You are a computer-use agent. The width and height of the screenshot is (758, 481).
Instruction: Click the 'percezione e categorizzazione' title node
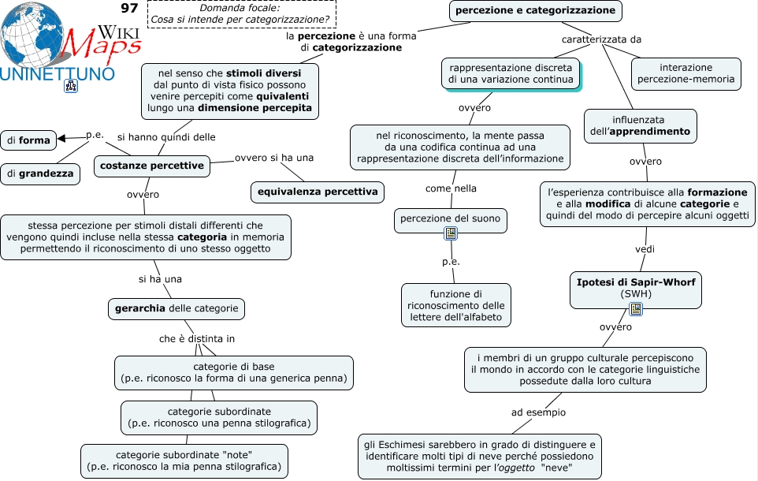point(535,11)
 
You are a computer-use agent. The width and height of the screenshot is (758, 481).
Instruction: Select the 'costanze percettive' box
point(152,166)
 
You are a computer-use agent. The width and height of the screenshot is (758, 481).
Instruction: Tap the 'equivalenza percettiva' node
point(318,192)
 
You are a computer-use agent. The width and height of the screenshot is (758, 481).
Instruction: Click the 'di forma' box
point(28,140)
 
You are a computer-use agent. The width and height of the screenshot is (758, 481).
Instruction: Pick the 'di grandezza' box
point(40,173)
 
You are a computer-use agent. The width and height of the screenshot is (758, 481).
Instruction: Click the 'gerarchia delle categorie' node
point(176,309)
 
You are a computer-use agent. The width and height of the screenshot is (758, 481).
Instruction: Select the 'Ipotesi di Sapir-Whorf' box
point(636,288)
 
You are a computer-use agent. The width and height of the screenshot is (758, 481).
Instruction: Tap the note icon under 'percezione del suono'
point(451,233)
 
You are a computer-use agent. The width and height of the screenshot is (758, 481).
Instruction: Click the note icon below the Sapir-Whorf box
point(636,309)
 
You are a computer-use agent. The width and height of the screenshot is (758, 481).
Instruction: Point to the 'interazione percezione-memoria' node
point(686,73)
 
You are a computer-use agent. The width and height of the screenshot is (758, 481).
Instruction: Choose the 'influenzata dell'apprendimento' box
point(640,126)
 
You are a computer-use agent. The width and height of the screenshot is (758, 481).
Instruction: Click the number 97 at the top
point(129,8)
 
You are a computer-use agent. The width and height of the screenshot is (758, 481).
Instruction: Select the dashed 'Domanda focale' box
point(241,14)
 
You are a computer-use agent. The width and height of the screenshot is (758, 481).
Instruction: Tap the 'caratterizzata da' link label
point(601,39)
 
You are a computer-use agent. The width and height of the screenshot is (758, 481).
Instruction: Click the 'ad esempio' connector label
point(538,412)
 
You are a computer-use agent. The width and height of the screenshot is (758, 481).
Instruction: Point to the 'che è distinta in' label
point(197,339)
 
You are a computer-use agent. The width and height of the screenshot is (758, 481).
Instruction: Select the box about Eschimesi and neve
point(480,457)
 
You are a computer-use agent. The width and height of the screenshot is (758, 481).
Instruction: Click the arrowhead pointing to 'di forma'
point(61,139)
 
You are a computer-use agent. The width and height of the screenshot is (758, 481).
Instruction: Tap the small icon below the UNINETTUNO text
point(71,86)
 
